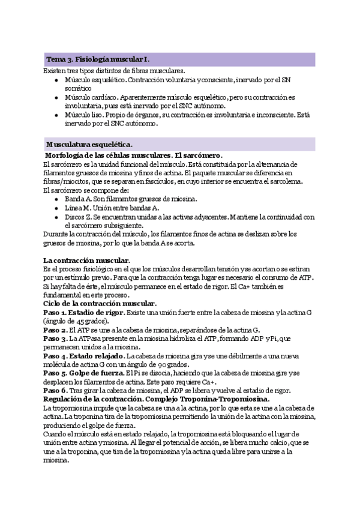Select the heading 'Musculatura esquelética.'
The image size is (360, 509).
point(90,145)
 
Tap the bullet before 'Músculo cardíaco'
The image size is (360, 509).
point(56,96)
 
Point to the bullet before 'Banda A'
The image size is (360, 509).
point(56,199)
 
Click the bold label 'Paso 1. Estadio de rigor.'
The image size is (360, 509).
point(85,313)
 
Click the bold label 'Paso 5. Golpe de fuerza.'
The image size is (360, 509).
point(82,374)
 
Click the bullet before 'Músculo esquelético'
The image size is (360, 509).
point(56,79)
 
